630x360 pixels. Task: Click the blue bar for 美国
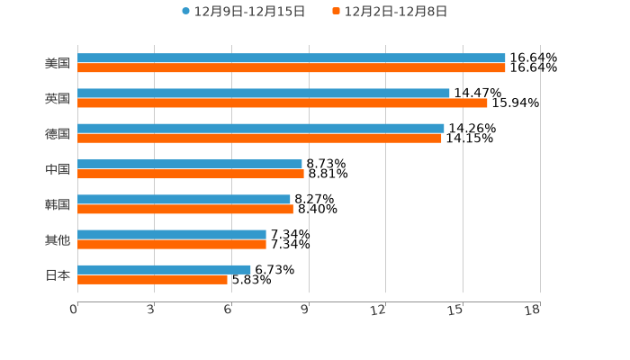(x=291, y=58)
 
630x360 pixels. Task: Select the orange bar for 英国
(x=282, y=103)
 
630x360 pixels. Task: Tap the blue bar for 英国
(x=263, y=93)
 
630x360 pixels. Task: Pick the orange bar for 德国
(x=259, y=139)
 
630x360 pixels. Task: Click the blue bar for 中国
(x=189, y=164)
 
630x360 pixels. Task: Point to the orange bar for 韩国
(x=184, y=210)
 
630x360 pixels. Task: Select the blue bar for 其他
(x=171, y=234)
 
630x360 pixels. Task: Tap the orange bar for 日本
(x=152, y=280)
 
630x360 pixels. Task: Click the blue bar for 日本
(x=164, y=269)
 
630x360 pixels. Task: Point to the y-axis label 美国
(x=58, y=63)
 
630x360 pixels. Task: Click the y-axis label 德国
(x=58, y=133)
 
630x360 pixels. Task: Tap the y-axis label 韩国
(x=58, y=204)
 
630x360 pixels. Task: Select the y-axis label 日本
(x=58, y=274)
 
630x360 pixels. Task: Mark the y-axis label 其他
(x=58, y=239)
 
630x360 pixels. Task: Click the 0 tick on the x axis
(x=75, y=310)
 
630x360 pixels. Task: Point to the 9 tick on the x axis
(x=305, y=310)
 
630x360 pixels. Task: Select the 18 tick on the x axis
(x=532, y=310)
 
